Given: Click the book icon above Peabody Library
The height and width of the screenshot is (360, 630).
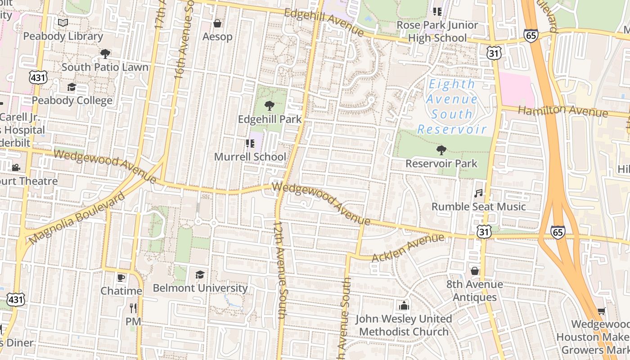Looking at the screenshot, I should [x=63, y=22].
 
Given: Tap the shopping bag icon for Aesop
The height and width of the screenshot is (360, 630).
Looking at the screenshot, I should [x=217, y=23].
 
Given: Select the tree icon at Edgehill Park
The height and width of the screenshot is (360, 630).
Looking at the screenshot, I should [x=269, y=106].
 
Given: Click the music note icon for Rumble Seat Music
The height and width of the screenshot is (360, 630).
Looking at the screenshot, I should [x=478, y=193].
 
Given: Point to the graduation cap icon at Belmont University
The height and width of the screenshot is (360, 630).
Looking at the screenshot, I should [x=200, y=274].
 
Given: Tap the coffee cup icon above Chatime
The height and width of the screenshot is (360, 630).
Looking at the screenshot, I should [x=121, y=278].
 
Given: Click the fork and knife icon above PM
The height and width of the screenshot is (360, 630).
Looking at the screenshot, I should [x=133, y=308].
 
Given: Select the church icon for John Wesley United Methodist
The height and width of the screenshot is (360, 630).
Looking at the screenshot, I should [x=404, y=306].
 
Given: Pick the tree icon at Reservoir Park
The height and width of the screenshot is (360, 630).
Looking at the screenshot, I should [x=441, y=150].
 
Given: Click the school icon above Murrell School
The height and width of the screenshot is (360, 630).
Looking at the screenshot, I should [x=250, y=144].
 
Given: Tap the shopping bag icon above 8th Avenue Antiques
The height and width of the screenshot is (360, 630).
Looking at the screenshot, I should [x=474, y=271].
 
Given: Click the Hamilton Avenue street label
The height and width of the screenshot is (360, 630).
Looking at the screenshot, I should [x=562, y=111].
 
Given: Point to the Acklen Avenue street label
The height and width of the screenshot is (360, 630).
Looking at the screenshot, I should [x=408, y=248].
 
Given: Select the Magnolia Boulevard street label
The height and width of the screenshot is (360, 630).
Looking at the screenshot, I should [x=76, y=219].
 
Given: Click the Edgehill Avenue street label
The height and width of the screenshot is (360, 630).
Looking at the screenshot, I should [x=324, y=22].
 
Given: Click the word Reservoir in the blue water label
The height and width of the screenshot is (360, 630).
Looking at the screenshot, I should [x=451, y=130].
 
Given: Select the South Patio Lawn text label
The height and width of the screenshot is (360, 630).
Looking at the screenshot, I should [x=105, y=67].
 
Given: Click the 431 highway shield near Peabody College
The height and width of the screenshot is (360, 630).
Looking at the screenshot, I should [x=38, y=77].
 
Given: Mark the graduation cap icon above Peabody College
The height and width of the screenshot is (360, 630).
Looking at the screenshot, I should [x=72, y=87].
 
